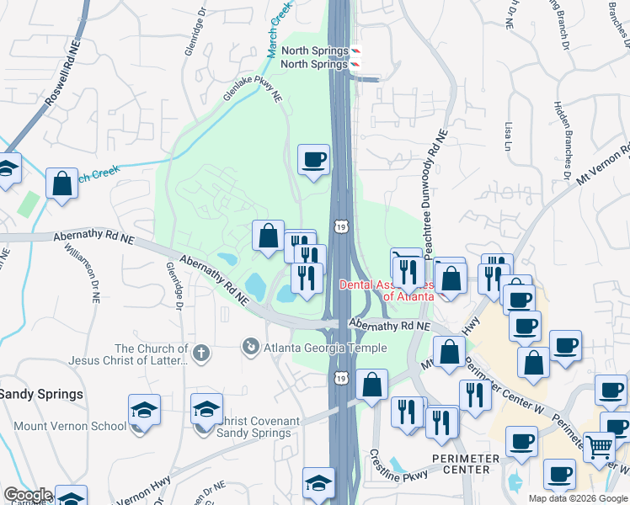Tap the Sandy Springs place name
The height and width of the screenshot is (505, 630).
41,394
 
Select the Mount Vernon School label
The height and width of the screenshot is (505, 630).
63,425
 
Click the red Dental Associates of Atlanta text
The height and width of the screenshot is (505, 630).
387,290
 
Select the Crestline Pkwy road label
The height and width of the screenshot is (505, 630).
398,470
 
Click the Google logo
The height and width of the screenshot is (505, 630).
27,495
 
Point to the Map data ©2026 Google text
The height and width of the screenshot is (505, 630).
578,498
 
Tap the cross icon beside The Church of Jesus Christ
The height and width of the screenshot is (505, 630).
200,353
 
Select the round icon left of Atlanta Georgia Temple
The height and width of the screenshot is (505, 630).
250,346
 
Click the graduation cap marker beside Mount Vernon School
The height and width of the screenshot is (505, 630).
144,410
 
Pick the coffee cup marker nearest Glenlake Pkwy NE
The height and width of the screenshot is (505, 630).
313,158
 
